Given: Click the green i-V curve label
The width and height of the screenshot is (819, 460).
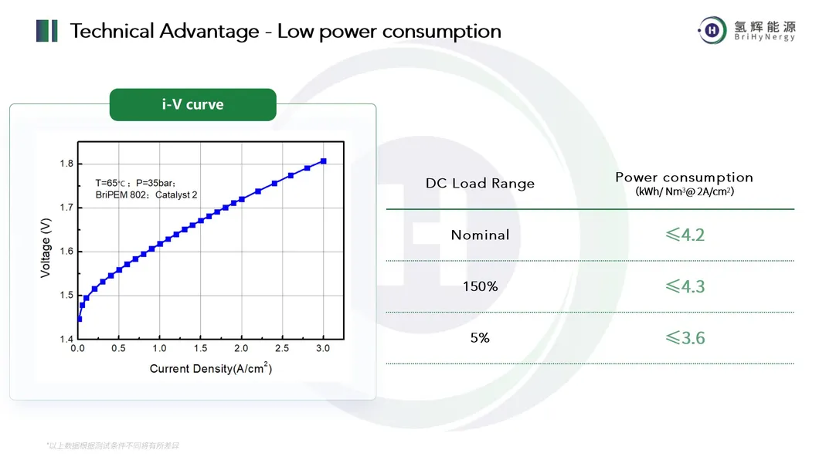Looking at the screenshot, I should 192,105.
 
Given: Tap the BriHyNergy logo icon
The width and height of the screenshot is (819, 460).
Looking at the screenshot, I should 712,31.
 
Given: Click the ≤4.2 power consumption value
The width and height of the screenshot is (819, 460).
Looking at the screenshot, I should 685,235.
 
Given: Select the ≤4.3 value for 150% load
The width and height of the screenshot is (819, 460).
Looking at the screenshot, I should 685,286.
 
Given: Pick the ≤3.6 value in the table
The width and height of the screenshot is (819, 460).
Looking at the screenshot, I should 685,338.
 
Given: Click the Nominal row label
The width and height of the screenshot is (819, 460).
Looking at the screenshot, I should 480,235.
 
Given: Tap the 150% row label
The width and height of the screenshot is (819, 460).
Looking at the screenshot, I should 480,286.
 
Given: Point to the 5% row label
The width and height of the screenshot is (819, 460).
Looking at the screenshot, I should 480,338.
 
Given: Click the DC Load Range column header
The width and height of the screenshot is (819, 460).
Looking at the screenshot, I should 480,184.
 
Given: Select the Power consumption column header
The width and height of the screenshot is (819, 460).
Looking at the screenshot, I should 684,178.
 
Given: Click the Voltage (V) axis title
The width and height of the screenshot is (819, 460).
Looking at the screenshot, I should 46,247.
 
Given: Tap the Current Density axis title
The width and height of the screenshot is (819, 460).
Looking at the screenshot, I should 210,369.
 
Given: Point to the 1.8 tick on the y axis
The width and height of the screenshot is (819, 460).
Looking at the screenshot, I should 66,164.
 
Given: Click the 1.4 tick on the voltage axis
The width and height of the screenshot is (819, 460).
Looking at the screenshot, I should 66,340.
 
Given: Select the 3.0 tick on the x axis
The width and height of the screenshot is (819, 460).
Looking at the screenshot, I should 323,349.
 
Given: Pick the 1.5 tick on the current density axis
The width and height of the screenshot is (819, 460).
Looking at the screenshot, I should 200,349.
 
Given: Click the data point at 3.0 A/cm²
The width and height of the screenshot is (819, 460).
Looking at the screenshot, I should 323,161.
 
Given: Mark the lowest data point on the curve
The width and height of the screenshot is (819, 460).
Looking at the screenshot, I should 79,319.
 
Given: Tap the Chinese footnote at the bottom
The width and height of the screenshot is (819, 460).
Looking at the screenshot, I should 113,446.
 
